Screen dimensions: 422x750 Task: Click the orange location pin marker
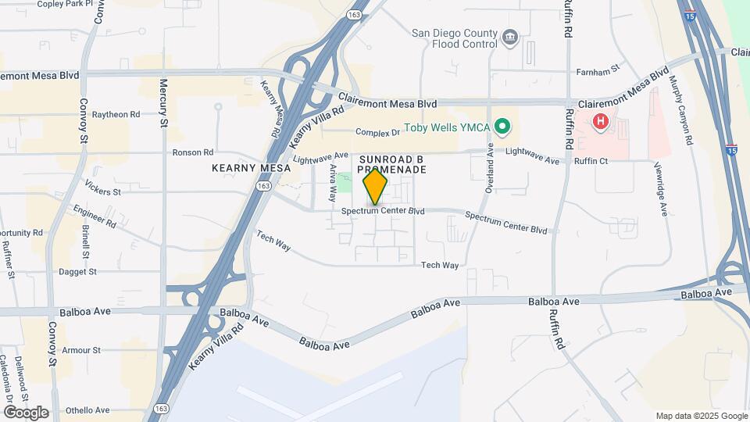[x=376, y=187]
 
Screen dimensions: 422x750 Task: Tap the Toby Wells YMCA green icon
[x=503, y=126]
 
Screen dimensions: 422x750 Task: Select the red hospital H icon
[x=601, y=121]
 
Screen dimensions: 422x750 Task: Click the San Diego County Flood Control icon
[x=510, y=38]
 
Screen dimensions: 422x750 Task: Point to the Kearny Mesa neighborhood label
[x=251, y=168]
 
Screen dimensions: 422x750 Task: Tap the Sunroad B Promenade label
[x=392, y=164]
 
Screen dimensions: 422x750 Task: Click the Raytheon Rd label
[x=116, y=114]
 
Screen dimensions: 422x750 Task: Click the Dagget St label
[x=77, y=272]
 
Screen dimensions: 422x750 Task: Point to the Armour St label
[x=81, y=350]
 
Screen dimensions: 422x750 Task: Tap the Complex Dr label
[x=377, y=132]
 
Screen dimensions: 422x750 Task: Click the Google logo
[x=25, y=413]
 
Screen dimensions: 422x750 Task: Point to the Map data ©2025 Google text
[x=701, y=416]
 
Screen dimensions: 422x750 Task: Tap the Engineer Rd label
[x=94, y=216]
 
